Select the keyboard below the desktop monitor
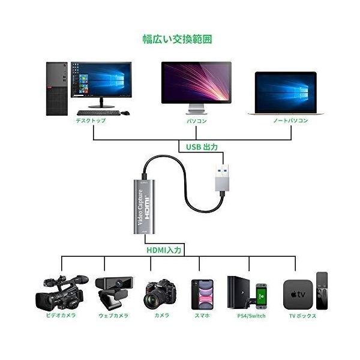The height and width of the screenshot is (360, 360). tap(98, 112)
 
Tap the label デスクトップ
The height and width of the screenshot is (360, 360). tap(90, 121)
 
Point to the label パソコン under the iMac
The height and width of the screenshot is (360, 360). tap(197, 121)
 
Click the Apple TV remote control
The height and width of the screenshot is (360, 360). tap(322, 290)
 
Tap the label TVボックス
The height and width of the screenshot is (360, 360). tap(302, 316)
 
